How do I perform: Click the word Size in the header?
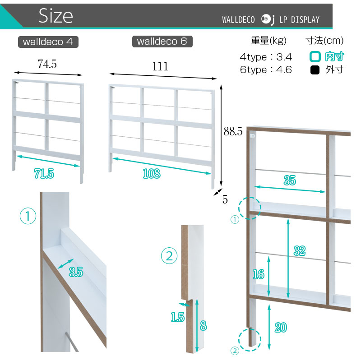pos(56,16)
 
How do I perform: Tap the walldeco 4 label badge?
pos(48,42)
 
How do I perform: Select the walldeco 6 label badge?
pos(162,42)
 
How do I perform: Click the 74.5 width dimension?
pos(47,64)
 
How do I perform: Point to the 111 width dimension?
pos(160,66)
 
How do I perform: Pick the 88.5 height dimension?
pos(233,131)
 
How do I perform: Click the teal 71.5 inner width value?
pos(44,174)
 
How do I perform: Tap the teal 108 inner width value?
pos(152,174)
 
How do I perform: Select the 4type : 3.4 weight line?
pos(266,57)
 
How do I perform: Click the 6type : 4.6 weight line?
pos(266,69)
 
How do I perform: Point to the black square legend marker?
pos(315,70)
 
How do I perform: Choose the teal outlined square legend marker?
pos(315,57)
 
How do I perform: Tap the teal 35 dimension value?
pos(290,180)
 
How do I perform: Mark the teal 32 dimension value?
pos(300,251)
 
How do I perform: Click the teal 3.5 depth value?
pos(76,272)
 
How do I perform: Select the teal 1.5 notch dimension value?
pos(178,317)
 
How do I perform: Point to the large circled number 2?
pos(169,256)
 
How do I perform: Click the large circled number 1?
pos(28,216)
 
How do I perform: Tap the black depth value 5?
pos(225,199)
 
